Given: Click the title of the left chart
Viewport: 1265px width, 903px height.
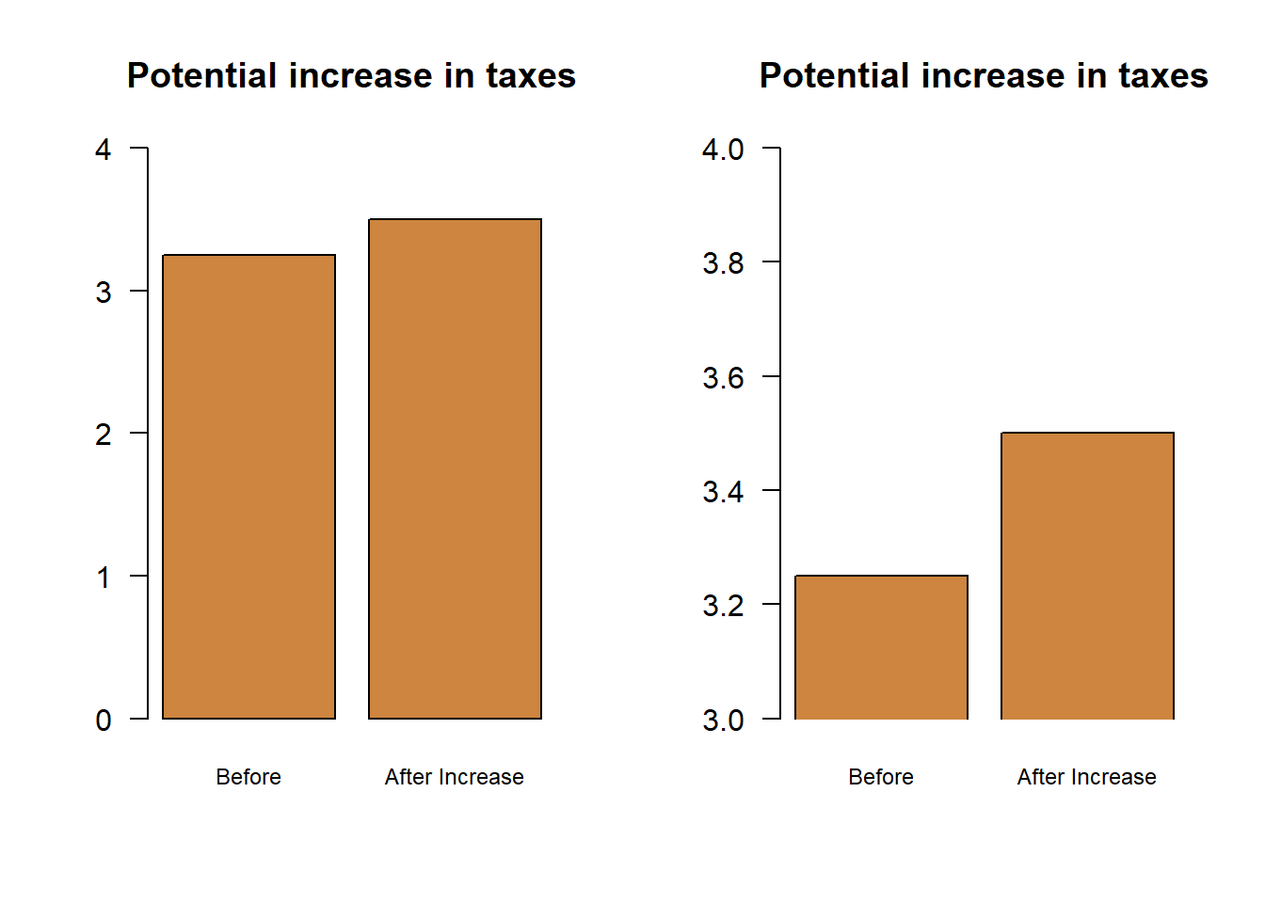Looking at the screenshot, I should [x=351, y=75].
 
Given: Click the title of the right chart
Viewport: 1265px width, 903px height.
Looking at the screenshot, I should [x=984, y=75].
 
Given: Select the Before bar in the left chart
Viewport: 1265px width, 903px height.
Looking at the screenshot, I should [x=248, y=486].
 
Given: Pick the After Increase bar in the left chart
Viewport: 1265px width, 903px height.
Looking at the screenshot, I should [x=455, y=468].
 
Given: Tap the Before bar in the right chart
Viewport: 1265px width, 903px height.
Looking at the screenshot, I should [x=881, y=647].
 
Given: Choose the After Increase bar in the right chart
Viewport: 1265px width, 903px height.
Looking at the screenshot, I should [x=1087, y=576].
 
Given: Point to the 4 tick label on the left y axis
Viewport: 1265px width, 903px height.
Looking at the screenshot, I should [x=104, y=149].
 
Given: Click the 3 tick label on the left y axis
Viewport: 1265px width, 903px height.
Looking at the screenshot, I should [x=104, y=292].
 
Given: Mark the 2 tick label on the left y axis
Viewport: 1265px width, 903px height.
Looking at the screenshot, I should [x=104, y=434].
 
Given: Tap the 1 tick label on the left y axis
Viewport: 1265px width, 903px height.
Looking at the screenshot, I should [x=104, y=577].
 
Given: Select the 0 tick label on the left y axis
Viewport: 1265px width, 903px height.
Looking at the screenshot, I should [x=104, y=720].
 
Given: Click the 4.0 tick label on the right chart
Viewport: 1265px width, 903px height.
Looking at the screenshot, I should [x=723, y=149].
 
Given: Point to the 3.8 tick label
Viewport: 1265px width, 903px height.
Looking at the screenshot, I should [x=723, y=262].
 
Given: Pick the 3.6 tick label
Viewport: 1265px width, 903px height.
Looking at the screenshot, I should [x=723, y=377].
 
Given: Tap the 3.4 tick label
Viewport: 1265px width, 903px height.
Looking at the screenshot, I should [x=723, y=491].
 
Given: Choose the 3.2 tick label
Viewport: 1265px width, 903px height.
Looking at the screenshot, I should [x=723, y=605].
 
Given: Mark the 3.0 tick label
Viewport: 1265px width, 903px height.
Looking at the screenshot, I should [x=723, y=720].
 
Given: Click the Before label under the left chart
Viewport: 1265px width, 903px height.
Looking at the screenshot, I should [x=248, y=777].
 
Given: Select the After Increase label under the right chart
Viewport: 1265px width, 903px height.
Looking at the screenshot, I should [x=1087, y=777].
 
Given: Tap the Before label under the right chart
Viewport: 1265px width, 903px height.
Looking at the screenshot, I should [x=881, y=777].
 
